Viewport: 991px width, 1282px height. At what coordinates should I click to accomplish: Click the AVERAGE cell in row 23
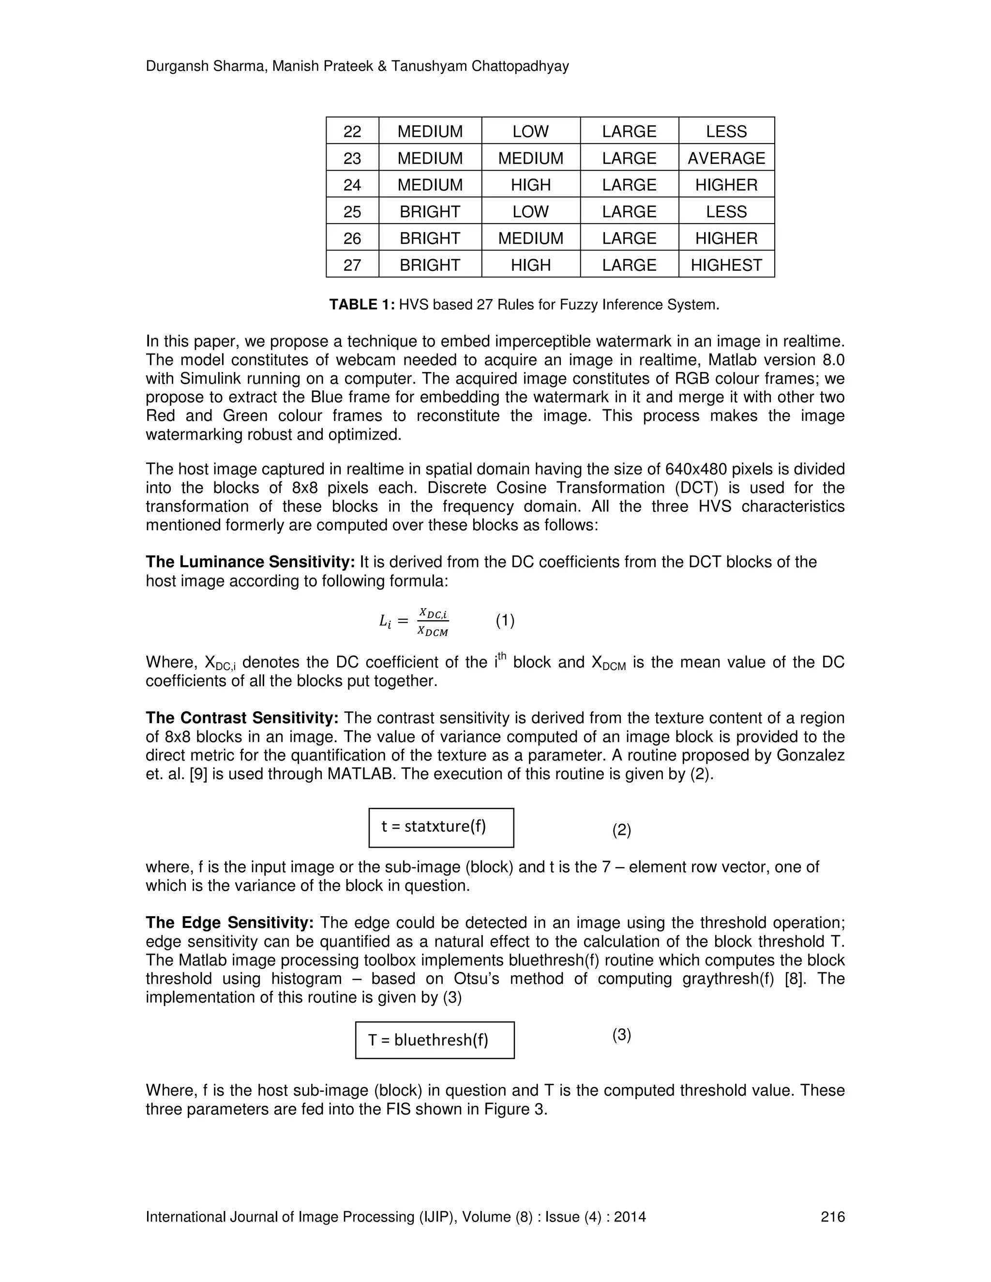(726, 158)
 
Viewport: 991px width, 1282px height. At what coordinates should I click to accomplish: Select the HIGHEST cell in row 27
(726, 265)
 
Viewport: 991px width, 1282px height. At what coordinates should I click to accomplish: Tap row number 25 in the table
(352, 211)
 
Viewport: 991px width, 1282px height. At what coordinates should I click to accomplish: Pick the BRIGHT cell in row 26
(430, 239)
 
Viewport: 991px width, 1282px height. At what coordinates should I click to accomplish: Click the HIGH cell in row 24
(531, 185)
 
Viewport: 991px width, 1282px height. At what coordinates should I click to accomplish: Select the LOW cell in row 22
(531, 132)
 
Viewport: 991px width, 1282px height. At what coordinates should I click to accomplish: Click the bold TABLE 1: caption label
(361, 305)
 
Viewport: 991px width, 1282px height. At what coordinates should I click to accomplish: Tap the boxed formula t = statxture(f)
(441, 827)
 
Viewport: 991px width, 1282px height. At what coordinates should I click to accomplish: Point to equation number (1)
(505, 621)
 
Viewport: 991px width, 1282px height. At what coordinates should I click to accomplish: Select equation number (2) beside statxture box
(622, 830)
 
